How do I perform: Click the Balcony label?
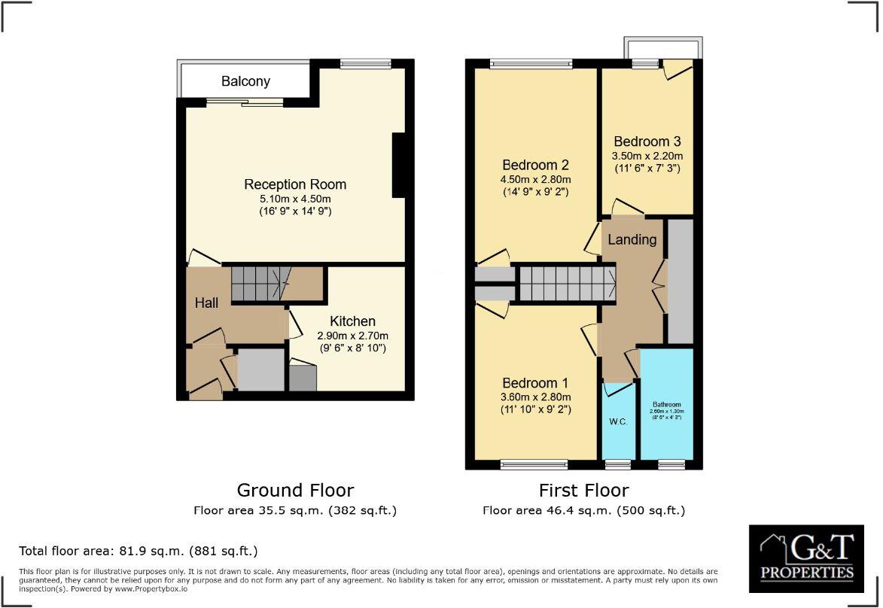pyautogui.click(x=245, y=81)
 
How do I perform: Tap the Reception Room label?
pyautogui.click(x=295, y=184)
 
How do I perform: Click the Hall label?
pyautogui.click(x=206, y=302)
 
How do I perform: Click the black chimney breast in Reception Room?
pyautogui.click(x=400, y=165)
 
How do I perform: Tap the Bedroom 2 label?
pyautogui.click(x=535, y=166)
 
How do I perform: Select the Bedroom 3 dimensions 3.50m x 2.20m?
pyautogui.click(x=647, y=155)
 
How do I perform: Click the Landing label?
pyautogui.click(x=632, y=240)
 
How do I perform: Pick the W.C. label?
pyautogui.click(x=618, y=421)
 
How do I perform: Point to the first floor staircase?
pyautogui.click(x=567, y=284)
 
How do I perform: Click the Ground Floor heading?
pyautogui.click(x=295, y=491)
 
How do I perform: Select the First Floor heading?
pyautogui.click(x=583, y=491)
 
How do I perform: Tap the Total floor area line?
pyautogui.click(x=139, y=551)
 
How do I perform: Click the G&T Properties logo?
pyautogui.click(x=806, y=558)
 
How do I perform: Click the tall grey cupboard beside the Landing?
pyautogui.click(x=681, y=281)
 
